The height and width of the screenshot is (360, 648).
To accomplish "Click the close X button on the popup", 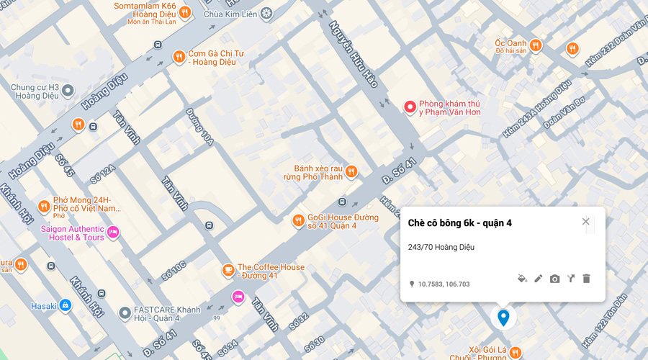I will tap(585, 222).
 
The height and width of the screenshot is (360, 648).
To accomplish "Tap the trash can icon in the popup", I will tap(586, 279).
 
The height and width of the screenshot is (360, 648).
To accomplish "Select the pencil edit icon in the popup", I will tap(538, 279).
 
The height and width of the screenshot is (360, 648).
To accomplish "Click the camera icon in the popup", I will tap(554, 279).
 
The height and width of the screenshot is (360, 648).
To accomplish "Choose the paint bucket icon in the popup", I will tap(522, 279).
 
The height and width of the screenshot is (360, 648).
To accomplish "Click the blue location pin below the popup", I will tap(503, 317).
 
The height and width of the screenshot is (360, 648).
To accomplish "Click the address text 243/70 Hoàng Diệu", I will tap(441, 247).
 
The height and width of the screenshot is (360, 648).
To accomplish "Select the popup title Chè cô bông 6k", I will tap(459, 223).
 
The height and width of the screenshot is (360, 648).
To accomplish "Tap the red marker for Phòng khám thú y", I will tap(410, 107).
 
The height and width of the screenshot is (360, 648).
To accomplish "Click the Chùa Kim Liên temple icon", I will tap(267, 13).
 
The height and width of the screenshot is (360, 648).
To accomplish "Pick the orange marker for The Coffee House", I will tap(228, 271).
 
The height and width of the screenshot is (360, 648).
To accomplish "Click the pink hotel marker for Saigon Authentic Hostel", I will tap(113, 232).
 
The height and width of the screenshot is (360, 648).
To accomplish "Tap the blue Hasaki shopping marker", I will tap(66, 306).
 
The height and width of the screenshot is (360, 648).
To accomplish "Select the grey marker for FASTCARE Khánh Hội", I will tap(125, 312).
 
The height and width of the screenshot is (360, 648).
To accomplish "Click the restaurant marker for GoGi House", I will tap(298, 220).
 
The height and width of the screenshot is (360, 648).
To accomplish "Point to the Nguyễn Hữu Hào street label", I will tap(354, 54).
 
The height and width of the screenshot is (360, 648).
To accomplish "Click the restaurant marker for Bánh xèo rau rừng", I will tap(351, 171).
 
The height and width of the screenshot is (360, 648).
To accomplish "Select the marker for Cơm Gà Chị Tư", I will tap(179, 57).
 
